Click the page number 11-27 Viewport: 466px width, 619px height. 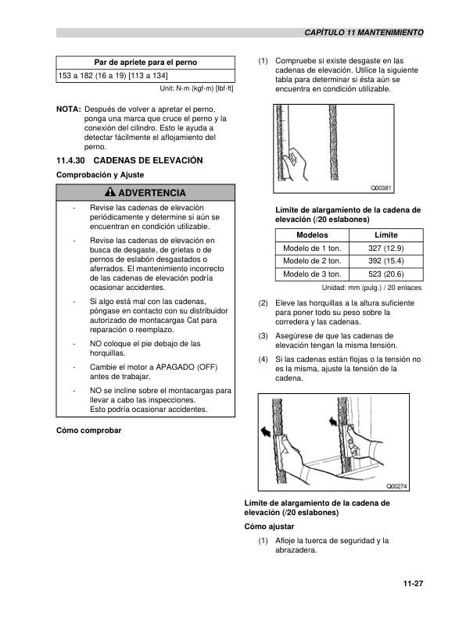[x=413, y=583]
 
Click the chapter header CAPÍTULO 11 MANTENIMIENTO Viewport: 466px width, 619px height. [x=364, y=34]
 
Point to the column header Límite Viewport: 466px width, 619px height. [x=386, y=234]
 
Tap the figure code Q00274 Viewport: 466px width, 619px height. [x=398, y=486]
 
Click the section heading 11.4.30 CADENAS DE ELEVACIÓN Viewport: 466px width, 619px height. [x=130, y=160]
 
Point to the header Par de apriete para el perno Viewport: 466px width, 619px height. [x=145, y=62]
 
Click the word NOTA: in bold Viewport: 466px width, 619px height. [x=69, y=109]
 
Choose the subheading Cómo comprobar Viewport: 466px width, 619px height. [x=89, y=431]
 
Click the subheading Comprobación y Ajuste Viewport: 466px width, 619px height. [x=99, y=174]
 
